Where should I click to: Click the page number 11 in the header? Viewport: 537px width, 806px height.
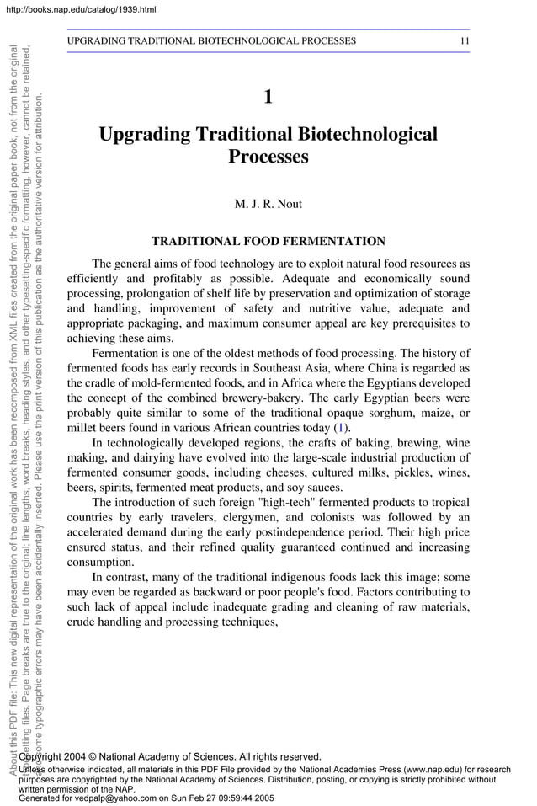(x=464, y=40)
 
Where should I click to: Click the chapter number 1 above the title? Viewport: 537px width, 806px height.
(x=268, y=97)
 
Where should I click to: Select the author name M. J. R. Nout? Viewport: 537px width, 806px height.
(x=268, y=204)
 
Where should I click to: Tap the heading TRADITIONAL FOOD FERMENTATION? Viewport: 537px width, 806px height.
(x=268, y=242)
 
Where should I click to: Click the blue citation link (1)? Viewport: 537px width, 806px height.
(x=341, y=428)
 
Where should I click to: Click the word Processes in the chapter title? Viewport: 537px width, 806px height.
(x=268, y=157)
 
